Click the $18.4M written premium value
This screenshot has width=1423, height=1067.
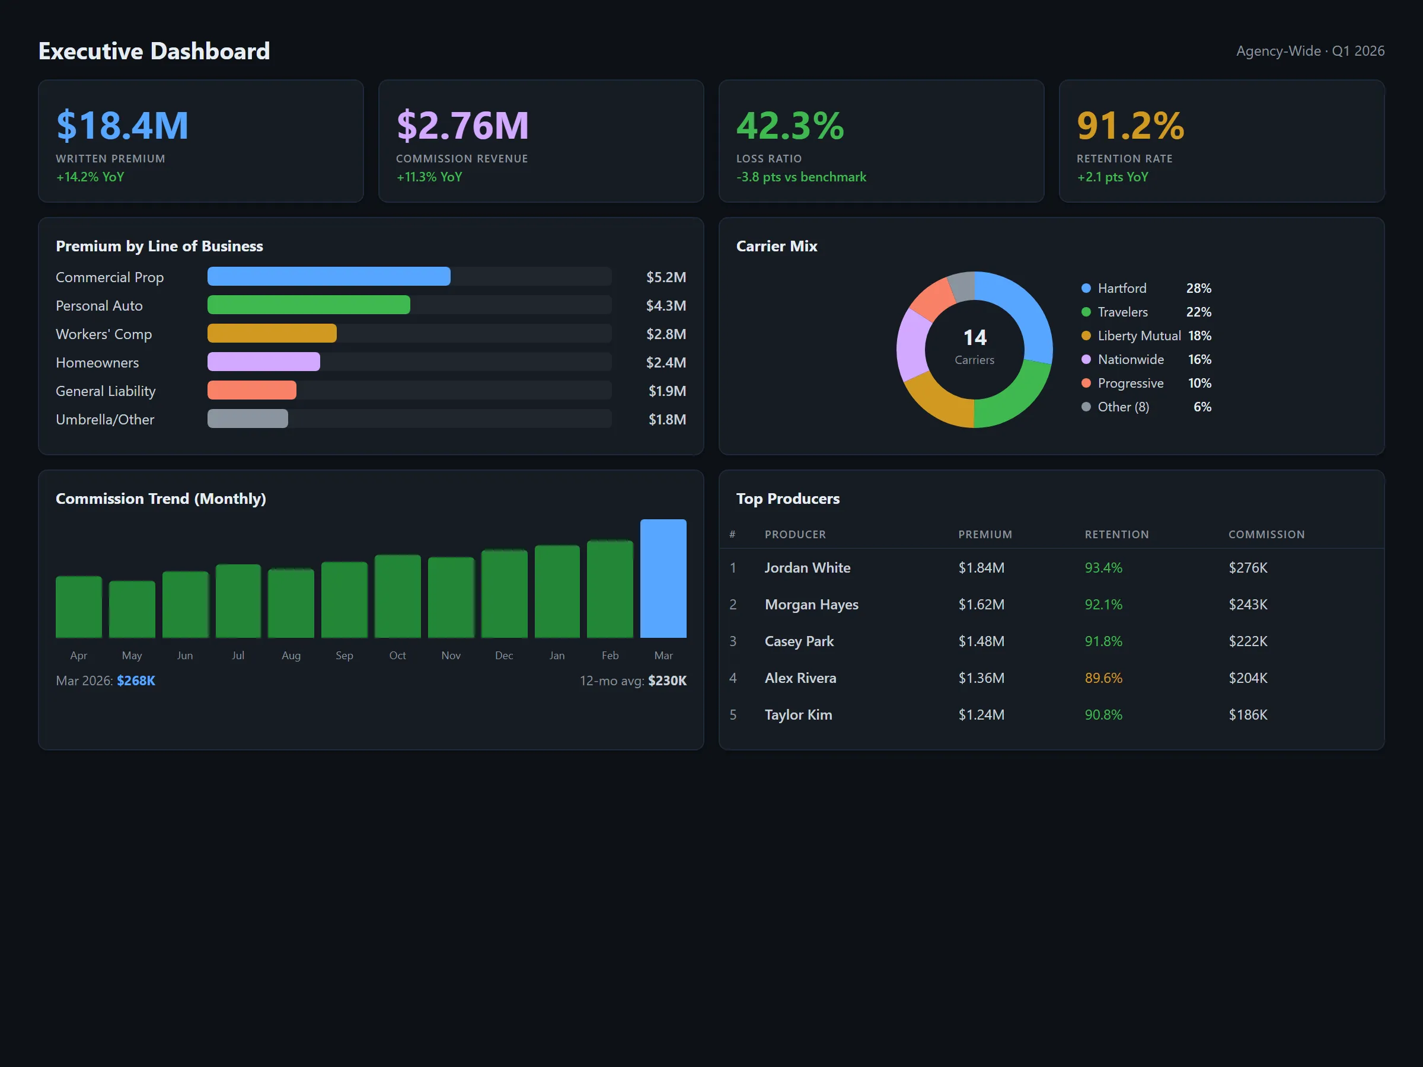click(x=122, y=126)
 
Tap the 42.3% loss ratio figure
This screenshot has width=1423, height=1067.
click(x=790, y=126)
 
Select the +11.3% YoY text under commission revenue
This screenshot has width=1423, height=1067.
click(x=429, y=177)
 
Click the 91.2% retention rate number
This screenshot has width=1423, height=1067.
click(x=1130, y=126)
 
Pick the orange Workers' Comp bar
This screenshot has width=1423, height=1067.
click(x=272, y=333)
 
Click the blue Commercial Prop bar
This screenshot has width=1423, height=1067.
click(x=328, y=277)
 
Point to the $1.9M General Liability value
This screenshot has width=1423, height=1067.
click(x=666, y=391)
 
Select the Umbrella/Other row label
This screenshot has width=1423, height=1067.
click(x=105, y=419)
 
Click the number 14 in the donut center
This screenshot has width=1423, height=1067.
click(x=975, y=338)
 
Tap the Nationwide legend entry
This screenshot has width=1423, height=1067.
click(x=1130, y=360)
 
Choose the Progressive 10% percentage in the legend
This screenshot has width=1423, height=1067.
click(x=1199, y=384)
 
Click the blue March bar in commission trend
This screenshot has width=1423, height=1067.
click(x=663, y=578)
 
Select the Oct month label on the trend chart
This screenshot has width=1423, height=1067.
click(x=398, y=656)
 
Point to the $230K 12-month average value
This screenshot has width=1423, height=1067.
click(x=667, y=681)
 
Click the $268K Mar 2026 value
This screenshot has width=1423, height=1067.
click(x=136, y=681)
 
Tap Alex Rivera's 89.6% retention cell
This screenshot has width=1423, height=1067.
click(x=1103, y=678)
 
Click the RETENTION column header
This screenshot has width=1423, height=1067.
click(x=1116, y=535)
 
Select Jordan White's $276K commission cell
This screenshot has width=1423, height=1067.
click(x=1247, y=568)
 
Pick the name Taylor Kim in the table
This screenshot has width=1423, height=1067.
click(x=797, y=714)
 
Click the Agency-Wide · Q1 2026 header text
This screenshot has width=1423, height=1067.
click(x=1310, y=51)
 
